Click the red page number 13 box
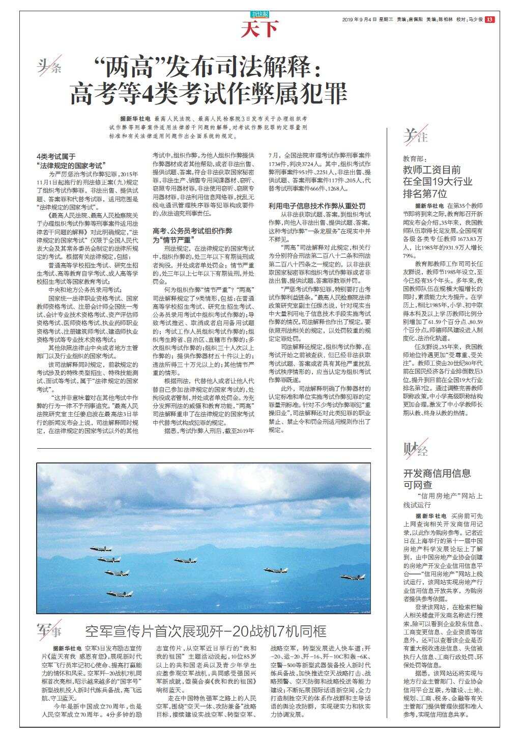click(489, 19)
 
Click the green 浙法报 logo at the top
click(259, 15)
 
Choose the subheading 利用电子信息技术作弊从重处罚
click(316, 206)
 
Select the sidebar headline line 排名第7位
click(425, 194)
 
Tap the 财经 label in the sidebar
click(416, 450)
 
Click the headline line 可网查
click(418, 484)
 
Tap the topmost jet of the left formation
click(100, 549)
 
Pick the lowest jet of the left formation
click(120, 593)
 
